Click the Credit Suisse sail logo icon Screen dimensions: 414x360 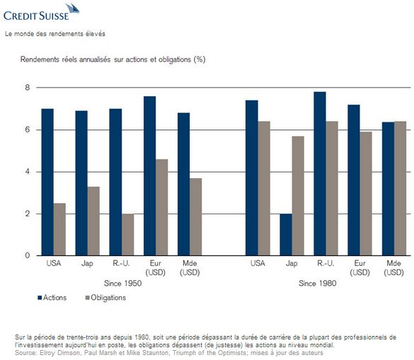point(73,10)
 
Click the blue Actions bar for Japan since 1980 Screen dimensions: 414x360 point(286,235)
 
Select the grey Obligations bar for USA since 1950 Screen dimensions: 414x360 point(59,229)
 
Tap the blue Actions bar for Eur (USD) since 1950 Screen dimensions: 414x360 point(150,176)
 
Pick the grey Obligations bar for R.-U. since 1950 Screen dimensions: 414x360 point(128,235)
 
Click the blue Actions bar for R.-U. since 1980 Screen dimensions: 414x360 point(320,174)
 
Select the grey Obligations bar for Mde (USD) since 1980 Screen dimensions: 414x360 point(401,188)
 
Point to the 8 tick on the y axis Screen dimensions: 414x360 point(28,88)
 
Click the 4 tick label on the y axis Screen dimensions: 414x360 point(28,172)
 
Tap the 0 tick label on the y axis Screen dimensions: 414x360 point(28,255)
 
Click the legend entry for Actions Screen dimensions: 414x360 point(52,298)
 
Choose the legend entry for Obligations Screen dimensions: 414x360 point(105,298)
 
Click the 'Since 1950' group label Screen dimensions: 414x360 point(122,284)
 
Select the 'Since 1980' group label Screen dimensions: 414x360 point(318,284)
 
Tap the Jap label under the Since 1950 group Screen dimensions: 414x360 point(87,264)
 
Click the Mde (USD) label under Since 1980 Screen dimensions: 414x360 point(393,267)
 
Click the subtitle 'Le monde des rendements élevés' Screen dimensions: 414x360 point(55,34)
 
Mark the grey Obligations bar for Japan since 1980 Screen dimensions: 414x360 point(298,196)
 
